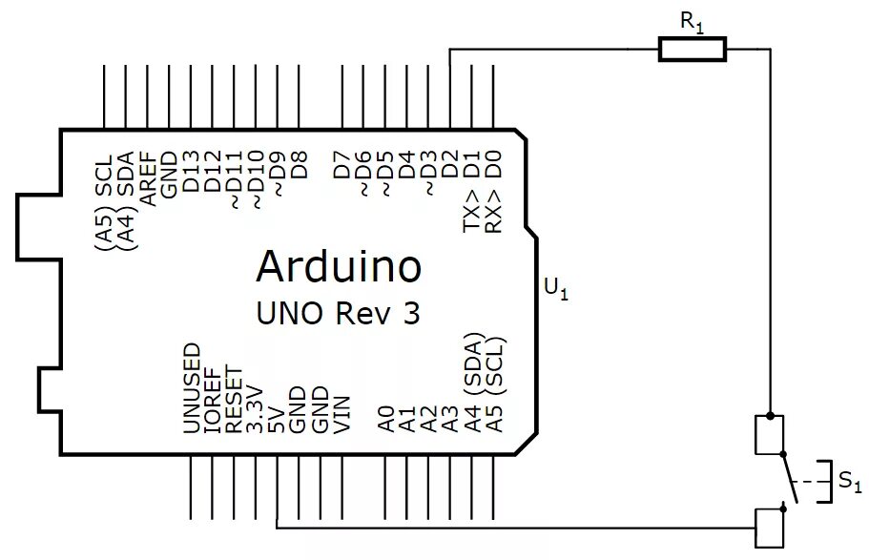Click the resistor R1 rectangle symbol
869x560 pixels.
(x=693, y=49)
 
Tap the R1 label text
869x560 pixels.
(x=692, y=21)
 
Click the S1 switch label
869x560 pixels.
(x=850, y=483)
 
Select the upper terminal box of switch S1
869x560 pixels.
(x=770, y=434)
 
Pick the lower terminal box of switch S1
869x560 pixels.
(x=770, y=528)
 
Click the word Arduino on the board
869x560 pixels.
(x=339, y=267)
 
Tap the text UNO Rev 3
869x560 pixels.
(x=339, y=313)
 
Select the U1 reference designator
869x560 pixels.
(x=555, y=287)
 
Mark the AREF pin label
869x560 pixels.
(x=148, y=179)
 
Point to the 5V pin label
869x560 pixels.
(x=277, y=420)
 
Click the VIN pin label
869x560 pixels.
(x=341, y=414)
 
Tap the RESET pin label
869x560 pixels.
(x=234, y=402)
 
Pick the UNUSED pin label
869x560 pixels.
(x=192, y=388)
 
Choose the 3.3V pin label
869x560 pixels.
(x=255, y=408)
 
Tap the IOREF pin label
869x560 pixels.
(x=213, y=401)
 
